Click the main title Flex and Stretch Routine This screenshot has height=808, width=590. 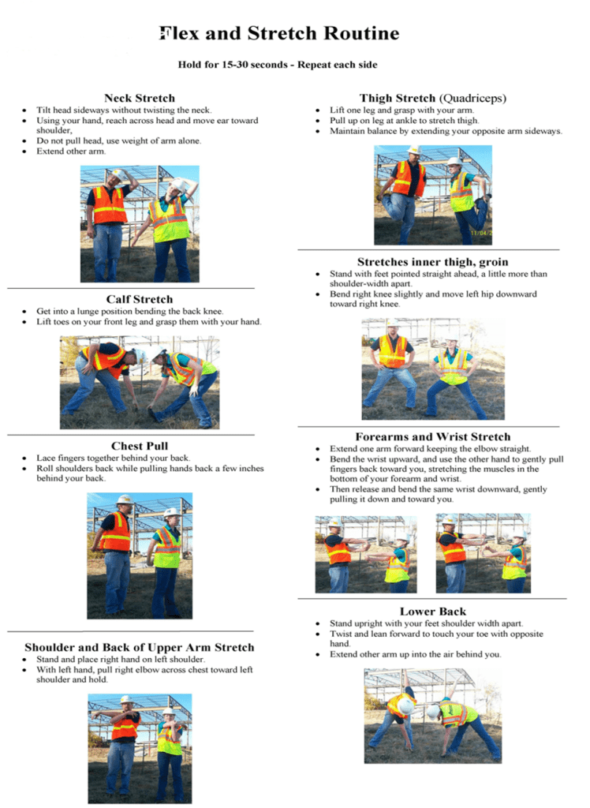(279, 34)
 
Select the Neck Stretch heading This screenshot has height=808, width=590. (140, 98)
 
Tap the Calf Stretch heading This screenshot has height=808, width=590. (139, 299)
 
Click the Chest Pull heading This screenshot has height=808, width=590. (139, 446)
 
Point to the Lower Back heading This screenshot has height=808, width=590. (432, 611)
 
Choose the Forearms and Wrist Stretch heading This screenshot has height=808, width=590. (432, 436)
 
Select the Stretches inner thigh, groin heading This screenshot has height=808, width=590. (432, 261)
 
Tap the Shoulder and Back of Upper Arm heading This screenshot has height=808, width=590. (140, 647)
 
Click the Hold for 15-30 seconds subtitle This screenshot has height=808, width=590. (278, 65)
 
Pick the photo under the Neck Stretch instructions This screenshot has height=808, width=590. (140, 224)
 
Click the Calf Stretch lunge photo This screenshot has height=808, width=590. (140, 382)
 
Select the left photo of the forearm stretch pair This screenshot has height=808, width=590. (366, 553)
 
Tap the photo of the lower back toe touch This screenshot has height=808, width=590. (432, 715)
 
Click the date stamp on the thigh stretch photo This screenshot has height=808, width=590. (480, 233)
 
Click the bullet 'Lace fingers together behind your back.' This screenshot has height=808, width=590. (113, 458)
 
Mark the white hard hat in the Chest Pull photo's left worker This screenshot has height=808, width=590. (124, 499)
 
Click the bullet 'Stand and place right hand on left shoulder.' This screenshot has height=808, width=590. (121, 659)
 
